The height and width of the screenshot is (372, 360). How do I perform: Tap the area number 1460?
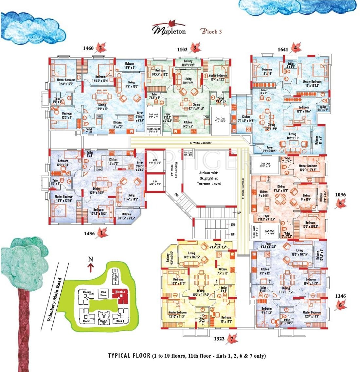click(x=88, y=49)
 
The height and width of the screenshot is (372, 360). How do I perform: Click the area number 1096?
click(x=340, y=195)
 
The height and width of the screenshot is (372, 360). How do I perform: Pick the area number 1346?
click(x=340, y=296)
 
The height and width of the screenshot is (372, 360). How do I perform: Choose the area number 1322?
click(x=219, y=339)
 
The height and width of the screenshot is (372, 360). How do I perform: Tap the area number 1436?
click(x=89, y=234)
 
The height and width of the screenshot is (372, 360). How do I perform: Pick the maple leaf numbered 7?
click(x=232, y=339)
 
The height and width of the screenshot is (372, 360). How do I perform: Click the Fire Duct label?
click(x=187, y=153)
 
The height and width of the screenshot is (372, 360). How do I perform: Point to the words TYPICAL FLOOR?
click(x=129, y=356)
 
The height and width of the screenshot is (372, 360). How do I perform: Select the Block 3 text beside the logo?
click(x=211, y=32)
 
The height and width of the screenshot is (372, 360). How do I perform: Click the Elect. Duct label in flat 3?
click(x=153, y=130)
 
